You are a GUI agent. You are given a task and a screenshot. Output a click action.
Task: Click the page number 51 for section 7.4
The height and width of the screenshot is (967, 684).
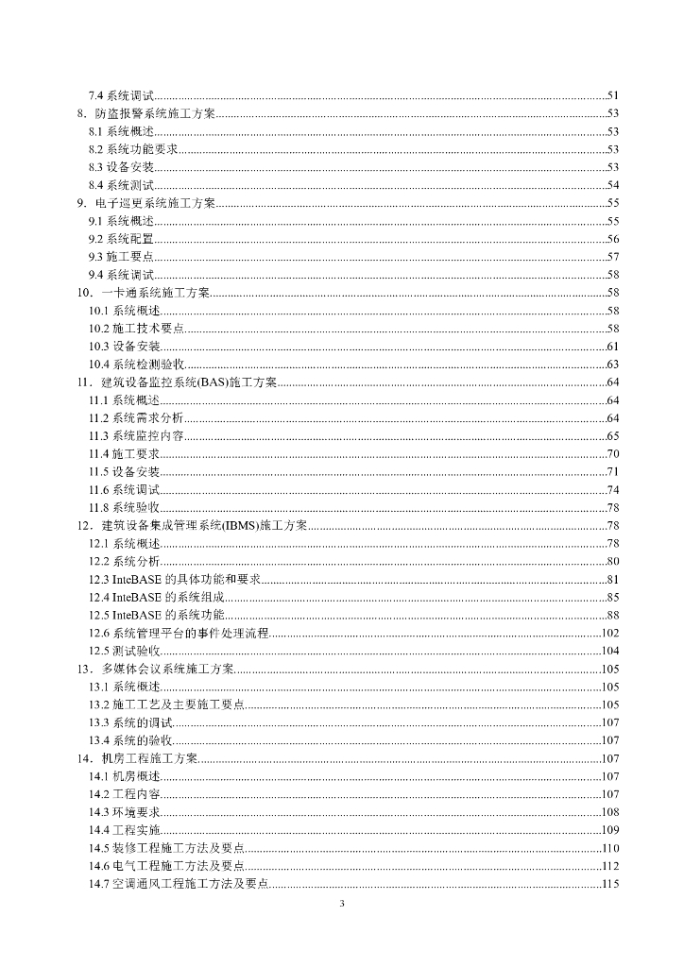point(612,96)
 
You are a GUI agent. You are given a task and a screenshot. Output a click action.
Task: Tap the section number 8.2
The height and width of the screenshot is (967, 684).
point(95,149)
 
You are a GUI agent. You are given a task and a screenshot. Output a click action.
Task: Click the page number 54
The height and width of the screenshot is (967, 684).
point(612,185)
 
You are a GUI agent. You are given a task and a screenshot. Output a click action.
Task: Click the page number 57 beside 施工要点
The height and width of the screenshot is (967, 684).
point(612,257)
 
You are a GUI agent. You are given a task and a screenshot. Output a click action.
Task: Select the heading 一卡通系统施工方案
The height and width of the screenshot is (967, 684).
point(156,293)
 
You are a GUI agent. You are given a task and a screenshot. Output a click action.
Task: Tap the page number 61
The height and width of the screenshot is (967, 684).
point(612,347)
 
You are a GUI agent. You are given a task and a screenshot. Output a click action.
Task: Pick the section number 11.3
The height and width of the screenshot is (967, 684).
point(98,435)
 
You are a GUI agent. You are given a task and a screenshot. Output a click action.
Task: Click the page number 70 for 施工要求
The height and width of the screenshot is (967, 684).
point(612,453)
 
